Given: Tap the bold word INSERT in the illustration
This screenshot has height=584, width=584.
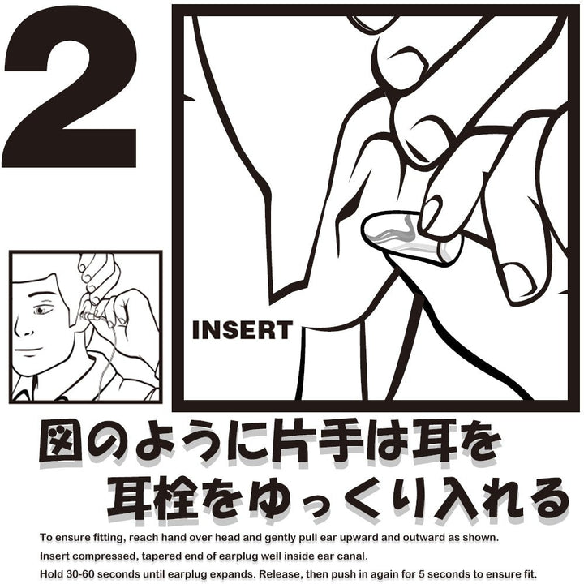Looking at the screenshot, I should pos(242,330).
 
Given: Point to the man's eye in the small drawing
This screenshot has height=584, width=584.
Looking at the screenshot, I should pos(42,310).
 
